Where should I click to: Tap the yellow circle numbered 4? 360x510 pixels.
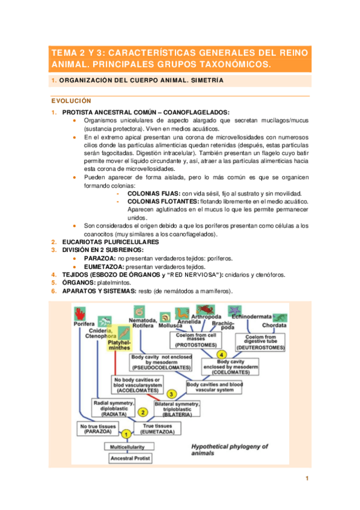tap(222, 355)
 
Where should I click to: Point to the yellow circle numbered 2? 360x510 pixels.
tap(142, 412)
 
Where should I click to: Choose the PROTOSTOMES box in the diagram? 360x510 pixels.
tap(196, 340)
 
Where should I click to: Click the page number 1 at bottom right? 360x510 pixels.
tap(307, 478)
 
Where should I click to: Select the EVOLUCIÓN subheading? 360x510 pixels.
tap(70, 101)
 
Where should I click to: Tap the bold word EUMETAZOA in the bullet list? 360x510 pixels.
tap(99, 266)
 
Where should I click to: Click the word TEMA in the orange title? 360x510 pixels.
tap(64, 53)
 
